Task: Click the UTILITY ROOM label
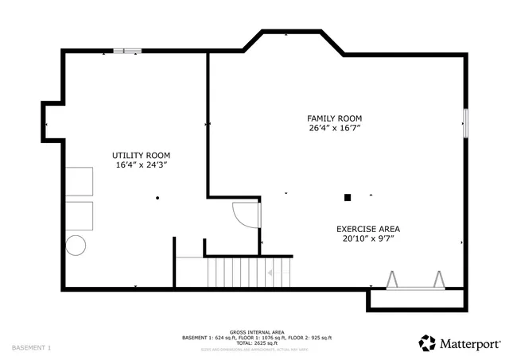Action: tap(141, 155)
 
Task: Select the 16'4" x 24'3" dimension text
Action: tap(141, 165)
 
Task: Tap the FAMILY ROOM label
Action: tap(340, 118)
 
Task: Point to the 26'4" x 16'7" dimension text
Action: tap(340, 128)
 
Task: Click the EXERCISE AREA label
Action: tap(367, 228)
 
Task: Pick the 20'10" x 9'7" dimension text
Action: tap(368, 238)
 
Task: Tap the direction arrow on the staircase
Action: tap(270, 273)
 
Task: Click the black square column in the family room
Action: tap(348, 197)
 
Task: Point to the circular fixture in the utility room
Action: tap(76, 246)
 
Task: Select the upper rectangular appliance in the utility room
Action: tap(79, 181)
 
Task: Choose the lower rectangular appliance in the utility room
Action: tap(79, 215)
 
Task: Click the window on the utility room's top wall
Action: tap(126, 52)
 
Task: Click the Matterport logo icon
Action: tap(428, 343)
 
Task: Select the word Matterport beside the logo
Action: tap(470, 343)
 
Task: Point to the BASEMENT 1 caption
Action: tap(31, 347)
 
